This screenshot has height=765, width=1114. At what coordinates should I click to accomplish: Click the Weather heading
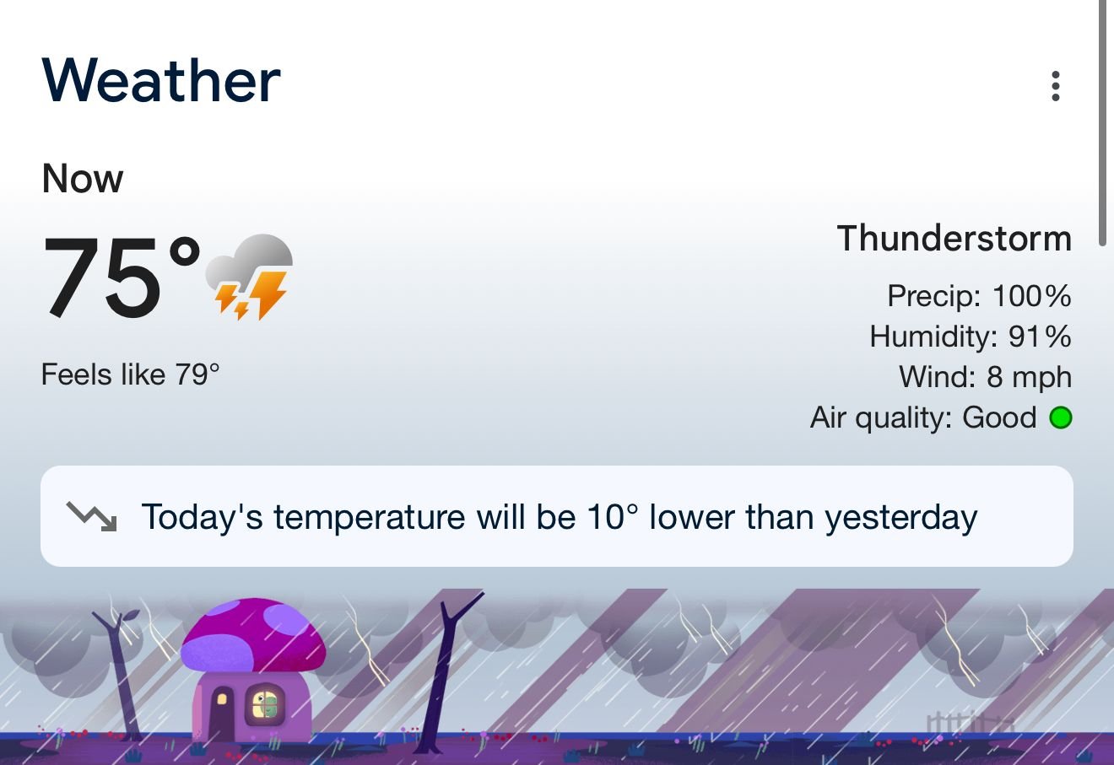point(161,80)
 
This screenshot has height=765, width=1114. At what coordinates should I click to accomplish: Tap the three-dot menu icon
point(1055,86)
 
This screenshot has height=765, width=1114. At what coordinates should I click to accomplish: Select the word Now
point(83,179)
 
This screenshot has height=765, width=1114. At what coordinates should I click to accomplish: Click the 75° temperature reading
point(122,276)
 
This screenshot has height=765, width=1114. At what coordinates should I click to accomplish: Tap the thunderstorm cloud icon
point(249,277)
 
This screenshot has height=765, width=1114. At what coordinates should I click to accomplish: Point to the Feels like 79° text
point(130,374)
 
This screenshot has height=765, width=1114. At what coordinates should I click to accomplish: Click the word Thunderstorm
point(954,238)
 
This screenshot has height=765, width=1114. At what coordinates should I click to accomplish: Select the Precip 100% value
point(979,296)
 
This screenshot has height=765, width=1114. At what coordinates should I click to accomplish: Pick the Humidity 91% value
point(971,336)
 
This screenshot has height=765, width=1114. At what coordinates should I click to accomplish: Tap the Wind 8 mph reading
point(985,376)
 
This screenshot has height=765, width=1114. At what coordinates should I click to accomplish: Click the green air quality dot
point(1061,417)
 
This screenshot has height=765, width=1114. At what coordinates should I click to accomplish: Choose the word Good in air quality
point(999,417)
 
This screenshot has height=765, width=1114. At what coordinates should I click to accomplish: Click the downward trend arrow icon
point(92,516)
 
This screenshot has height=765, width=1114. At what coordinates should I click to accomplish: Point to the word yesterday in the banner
point(901,519)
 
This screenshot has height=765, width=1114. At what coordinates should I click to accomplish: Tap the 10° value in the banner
point(612,517)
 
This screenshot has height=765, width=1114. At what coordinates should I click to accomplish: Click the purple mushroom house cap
point(253,635)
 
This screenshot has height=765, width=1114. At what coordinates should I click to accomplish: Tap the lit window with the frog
point(266,705)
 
